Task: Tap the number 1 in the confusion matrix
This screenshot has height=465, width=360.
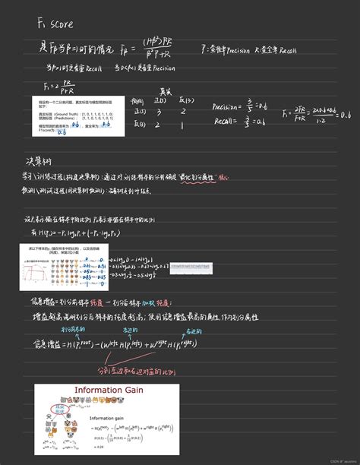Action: (182, 125)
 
